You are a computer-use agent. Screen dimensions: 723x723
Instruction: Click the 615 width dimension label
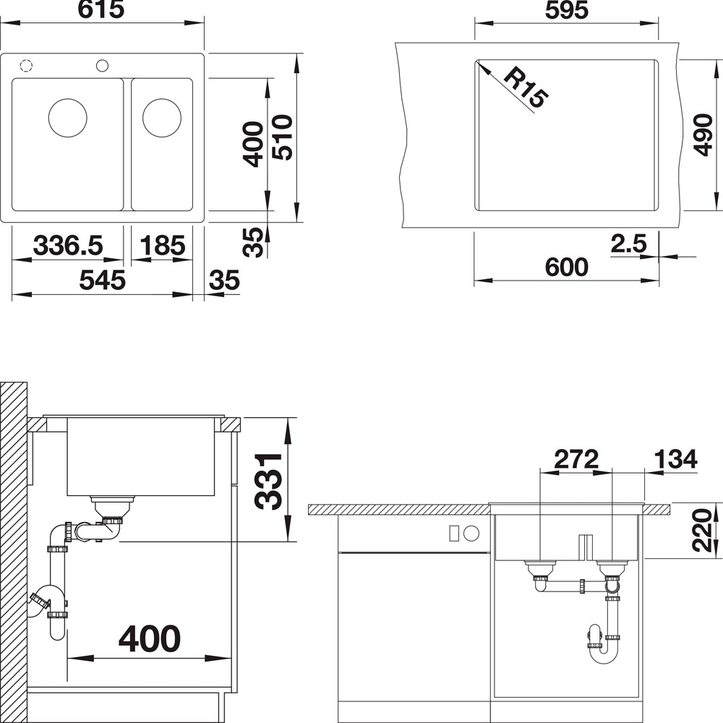[x=101, y=9]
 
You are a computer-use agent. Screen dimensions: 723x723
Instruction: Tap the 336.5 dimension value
[x=68, y=245]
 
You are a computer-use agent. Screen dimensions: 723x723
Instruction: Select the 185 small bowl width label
[x=162, y=245]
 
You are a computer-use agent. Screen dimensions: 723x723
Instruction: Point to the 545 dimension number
[x=103, y=280]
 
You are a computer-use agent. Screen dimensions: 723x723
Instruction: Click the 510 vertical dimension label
[x=282, y=137]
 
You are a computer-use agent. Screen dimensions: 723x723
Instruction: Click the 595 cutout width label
[x=567, y=11]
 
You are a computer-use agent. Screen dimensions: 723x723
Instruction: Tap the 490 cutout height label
[x=703, y=135]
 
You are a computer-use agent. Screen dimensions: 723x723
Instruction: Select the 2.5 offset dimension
[x=629, y=244]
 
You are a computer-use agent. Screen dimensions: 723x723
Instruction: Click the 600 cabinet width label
[x=567, y=267]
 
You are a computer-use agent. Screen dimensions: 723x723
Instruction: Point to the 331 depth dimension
[x=269, y=481]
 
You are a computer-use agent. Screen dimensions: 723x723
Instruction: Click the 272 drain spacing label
[x=576, y=459]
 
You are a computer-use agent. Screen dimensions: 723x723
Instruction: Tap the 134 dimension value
[x=675, y=459]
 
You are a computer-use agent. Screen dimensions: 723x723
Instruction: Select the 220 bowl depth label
[x=703, y=530]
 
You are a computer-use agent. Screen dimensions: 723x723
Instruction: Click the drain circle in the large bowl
[x=68, y=118]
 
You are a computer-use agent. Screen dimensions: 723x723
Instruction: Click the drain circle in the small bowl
[x=162, y=118]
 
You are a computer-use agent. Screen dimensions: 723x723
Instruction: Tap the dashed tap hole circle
[x=26, y=66]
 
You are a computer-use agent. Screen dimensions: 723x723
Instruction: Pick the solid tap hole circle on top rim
[x=103, y=66]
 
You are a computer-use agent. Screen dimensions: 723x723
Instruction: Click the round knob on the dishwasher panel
[x=471, y=534]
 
